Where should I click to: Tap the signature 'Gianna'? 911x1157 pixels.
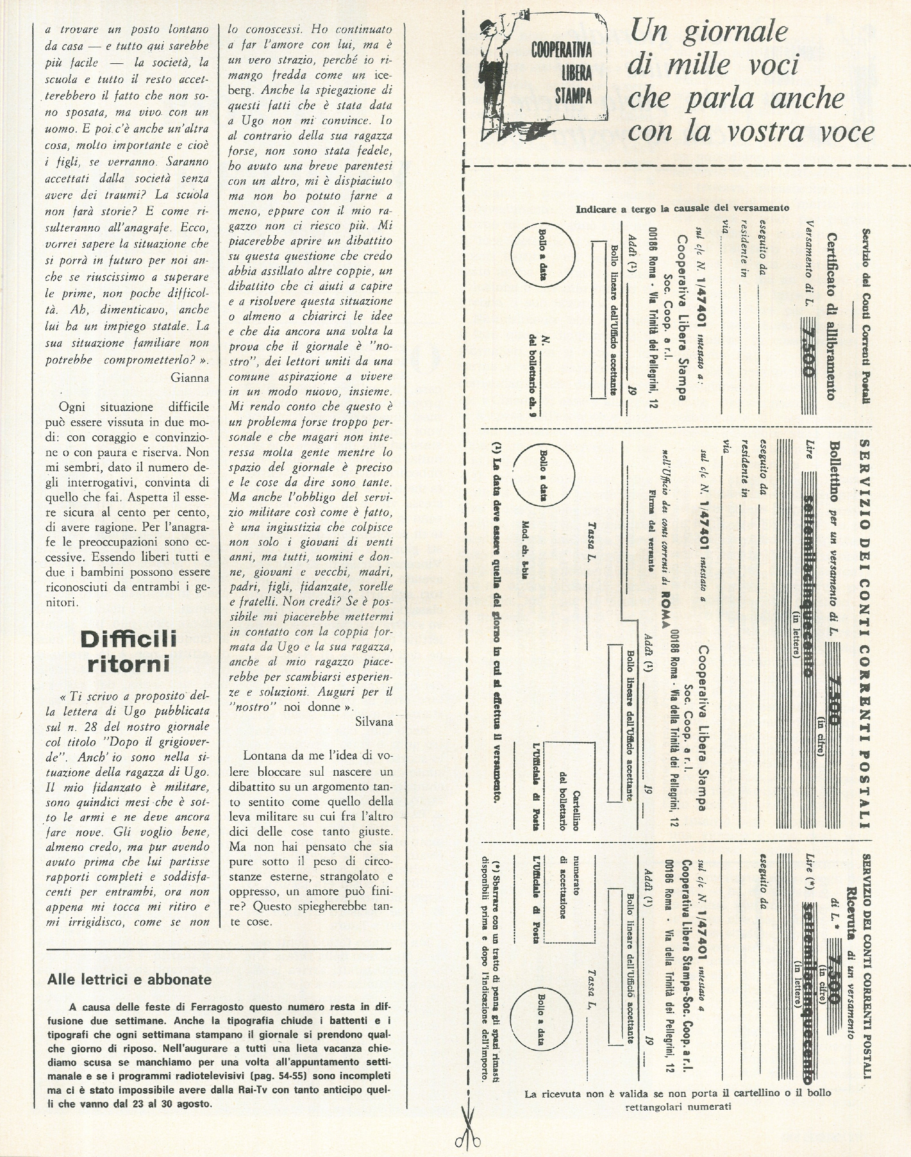(189, 377)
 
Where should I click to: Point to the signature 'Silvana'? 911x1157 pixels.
(373, 722)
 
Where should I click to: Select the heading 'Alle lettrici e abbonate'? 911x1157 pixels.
(130, 979)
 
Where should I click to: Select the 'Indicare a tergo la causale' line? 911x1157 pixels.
(682, 208)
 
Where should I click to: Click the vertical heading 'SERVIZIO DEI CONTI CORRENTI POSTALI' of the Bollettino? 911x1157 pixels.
(865, 632)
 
